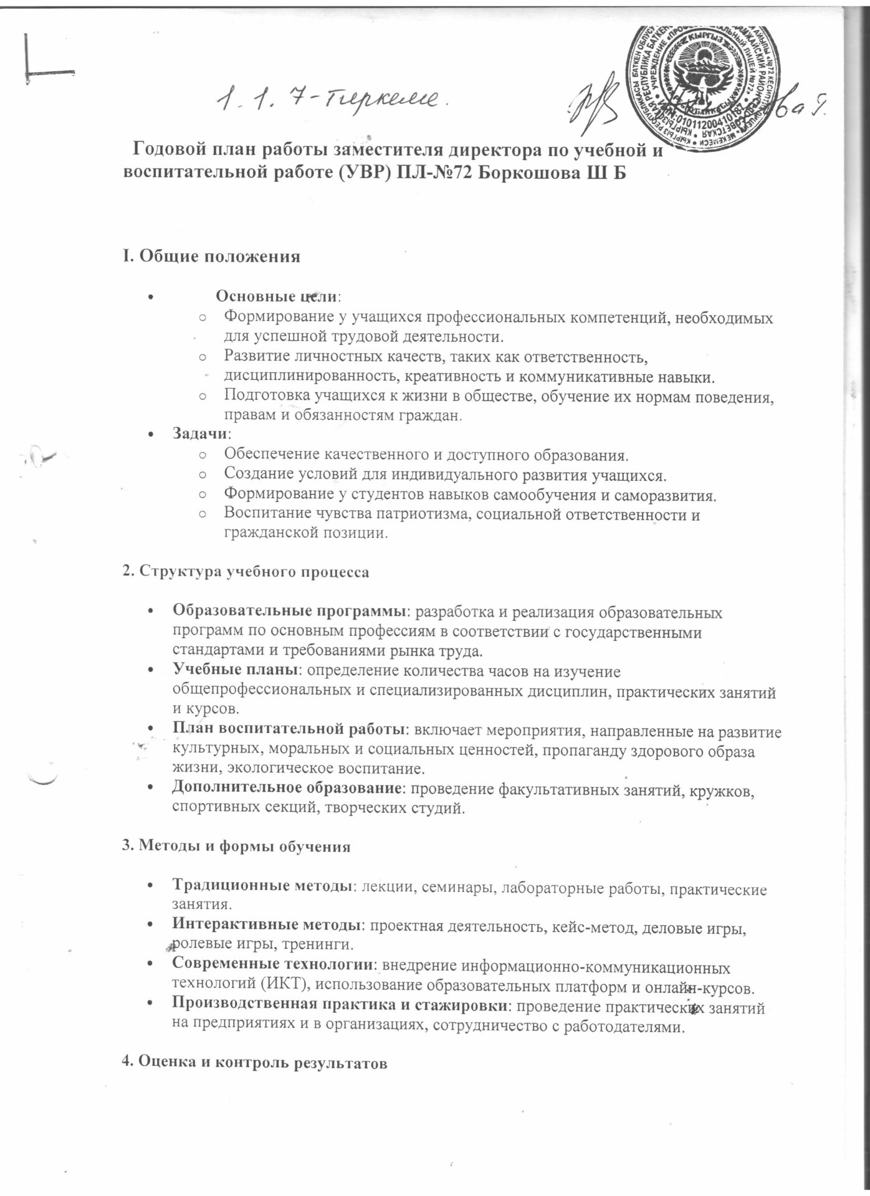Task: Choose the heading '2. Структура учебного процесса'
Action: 245,572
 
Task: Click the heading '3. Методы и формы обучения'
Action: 235,847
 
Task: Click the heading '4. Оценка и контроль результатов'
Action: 254,1063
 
